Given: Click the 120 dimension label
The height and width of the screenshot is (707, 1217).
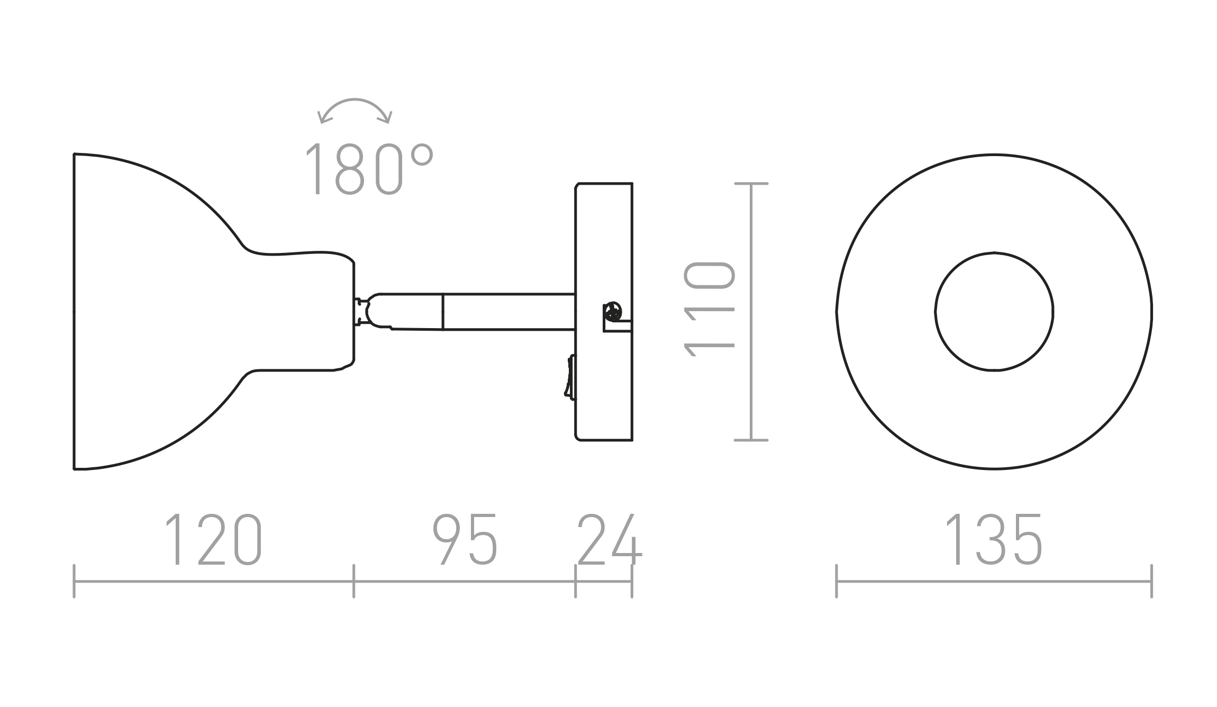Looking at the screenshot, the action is pos(214,540).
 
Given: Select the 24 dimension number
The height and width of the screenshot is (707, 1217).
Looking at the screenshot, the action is pos(610,540).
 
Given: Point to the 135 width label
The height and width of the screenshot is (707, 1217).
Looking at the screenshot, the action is pos(993,540).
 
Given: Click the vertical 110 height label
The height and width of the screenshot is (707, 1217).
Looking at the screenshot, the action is pos(710,310).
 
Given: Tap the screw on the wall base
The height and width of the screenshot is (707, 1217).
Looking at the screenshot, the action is pos(613,311).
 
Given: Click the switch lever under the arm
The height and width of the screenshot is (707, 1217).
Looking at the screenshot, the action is pos(570,376).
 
